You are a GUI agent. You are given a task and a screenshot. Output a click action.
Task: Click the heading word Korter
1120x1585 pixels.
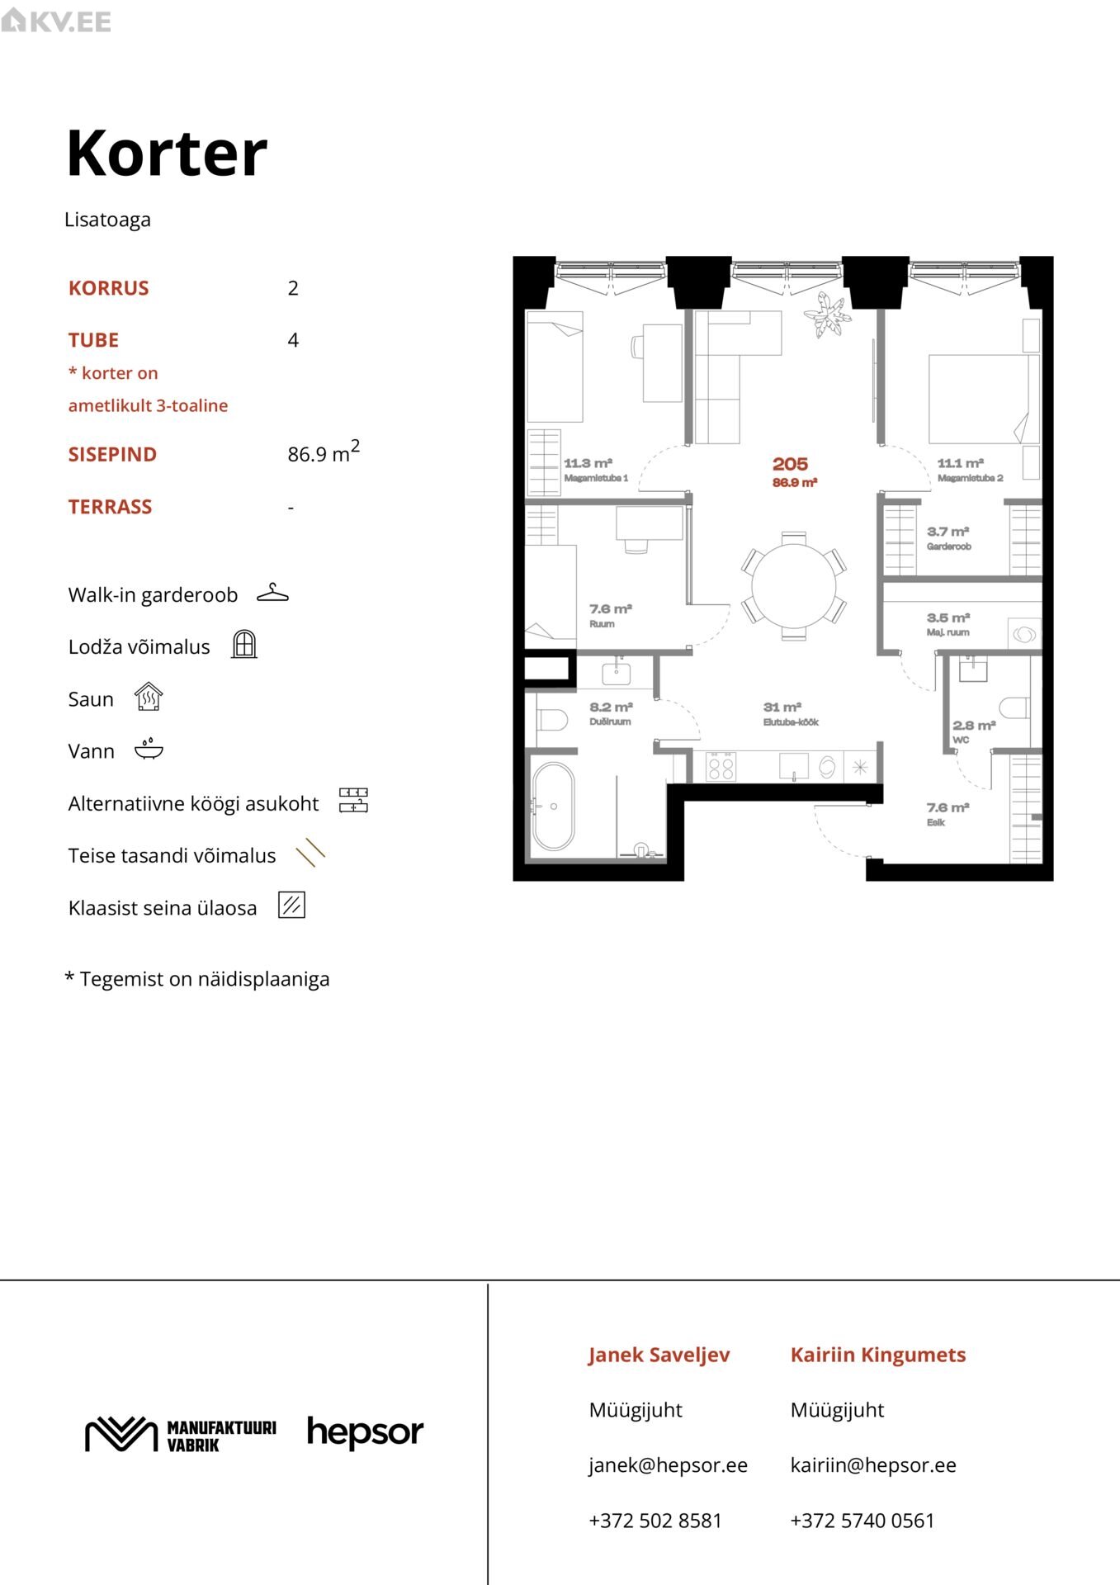167,154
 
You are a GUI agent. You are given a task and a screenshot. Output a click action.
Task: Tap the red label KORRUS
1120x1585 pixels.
109,288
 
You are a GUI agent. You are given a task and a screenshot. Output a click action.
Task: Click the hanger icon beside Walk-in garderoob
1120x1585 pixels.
272,593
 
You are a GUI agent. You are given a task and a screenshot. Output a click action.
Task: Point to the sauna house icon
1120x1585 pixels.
149,697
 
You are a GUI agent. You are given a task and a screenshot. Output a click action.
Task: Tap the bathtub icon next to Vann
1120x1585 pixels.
149,749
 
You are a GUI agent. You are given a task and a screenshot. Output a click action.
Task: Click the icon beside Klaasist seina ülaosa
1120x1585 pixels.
292,905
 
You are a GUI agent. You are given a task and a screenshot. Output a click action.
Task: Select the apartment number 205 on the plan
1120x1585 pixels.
790,464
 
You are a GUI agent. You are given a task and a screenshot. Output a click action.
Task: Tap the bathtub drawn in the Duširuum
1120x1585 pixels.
553,807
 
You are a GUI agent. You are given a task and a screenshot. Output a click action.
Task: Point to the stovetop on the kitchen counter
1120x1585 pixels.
721,768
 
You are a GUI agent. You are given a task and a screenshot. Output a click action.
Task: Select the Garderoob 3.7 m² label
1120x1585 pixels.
948,537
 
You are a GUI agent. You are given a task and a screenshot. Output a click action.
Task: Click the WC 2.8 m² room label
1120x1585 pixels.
974,731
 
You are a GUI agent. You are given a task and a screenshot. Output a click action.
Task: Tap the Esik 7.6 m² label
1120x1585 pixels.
947,814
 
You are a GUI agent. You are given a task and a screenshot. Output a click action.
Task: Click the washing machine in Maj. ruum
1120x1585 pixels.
1024,634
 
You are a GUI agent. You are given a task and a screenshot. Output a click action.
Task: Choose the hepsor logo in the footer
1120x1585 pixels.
365,1433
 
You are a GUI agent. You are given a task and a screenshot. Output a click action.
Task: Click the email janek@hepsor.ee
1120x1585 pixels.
668,1465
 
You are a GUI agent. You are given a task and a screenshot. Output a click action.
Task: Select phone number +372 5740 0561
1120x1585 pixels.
862,1521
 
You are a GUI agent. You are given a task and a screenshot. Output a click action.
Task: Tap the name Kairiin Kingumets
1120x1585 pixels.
878,1355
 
